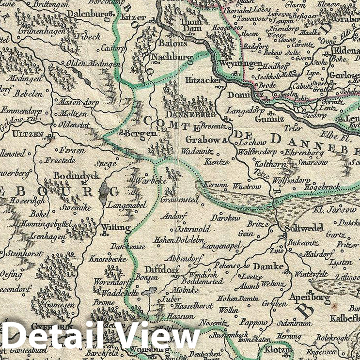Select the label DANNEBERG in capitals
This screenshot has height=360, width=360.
click(x=189, y=115)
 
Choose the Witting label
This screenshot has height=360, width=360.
click(x=116, y=227)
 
